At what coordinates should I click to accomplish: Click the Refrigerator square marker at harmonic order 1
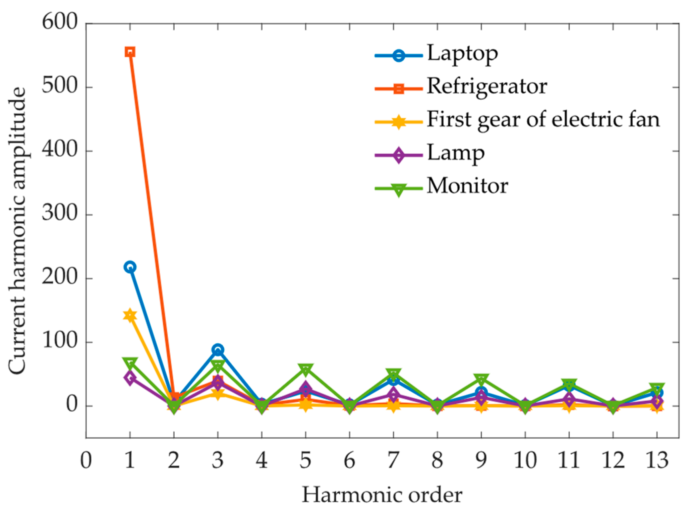(130, 52)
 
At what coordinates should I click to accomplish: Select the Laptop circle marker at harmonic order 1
(130, 267)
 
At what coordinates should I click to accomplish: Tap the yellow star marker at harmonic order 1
(130, 316)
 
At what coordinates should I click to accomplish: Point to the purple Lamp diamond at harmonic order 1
(130, 378)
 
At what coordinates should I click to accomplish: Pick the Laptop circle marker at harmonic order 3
(218, 350)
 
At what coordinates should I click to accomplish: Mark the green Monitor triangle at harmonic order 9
(481, 380)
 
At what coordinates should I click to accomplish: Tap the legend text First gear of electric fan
(543, 119)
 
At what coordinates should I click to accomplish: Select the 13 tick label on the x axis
(657, 460)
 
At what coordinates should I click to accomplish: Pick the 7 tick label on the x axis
(393, 460)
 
